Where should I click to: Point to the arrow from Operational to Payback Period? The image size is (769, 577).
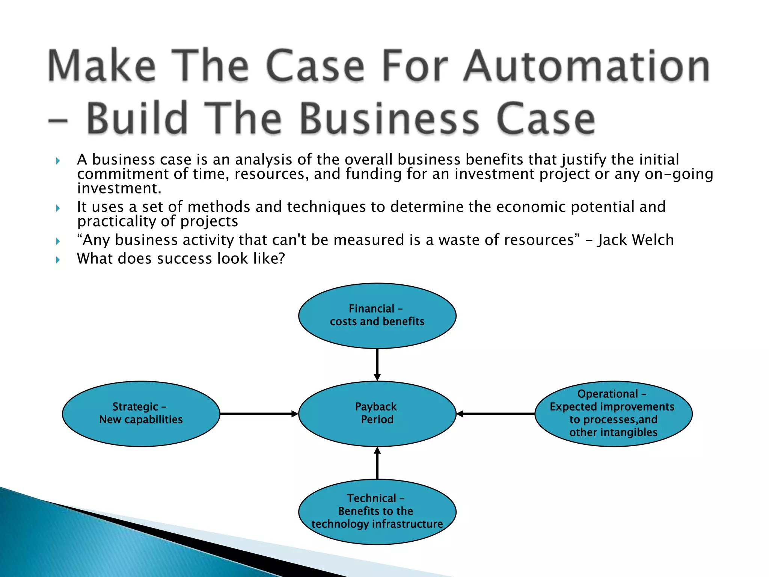coord(496,414)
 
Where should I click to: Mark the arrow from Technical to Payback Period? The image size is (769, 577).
coord(377,464)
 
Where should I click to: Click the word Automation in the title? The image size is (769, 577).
coord(586,66)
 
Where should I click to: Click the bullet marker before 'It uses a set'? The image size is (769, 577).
coord(58,208)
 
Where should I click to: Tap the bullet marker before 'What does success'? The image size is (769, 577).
coord(58,260)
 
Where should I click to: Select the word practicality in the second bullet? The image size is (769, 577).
coord(116,222)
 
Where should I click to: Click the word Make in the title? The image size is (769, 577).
coord(101,66)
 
